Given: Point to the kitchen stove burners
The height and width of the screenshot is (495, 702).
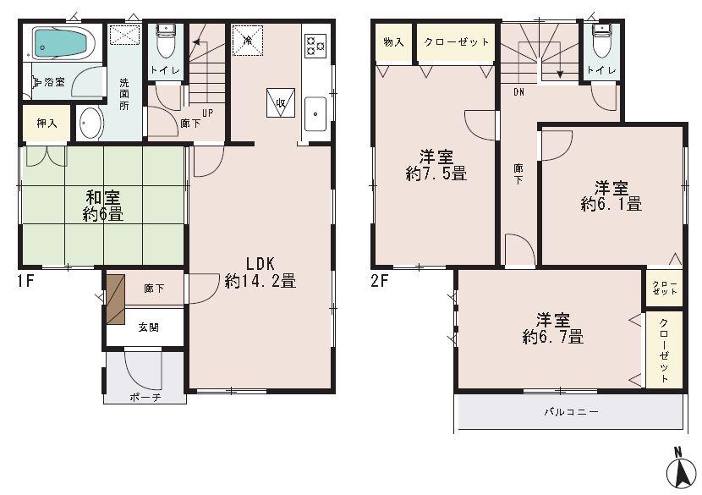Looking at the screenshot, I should pos(315,45).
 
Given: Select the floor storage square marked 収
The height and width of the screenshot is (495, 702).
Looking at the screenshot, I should pos(280,102).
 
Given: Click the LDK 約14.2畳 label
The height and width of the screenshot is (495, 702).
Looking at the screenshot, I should pos(260,272).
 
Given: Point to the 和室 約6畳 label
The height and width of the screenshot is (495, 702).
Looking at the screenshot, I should pos(102,206).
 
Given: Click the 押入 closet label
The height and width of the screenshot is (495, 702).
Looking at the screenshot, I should pos(47,124).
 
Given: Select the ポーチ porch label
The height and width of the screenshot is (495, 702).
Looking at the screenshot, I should pos(145,397).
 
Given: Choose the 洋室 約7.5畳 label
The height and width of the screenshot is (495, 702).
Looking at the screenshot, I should pos(435,165).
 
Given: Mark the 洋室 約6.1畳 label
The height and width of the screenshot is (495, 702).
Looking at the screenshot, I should pos(611,195).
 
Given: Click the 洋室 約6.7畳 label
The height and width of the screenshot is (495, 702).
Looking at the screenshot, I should pos(552,328).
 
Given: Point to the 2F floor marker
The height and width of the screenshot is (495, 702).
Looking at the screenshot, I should pos(378,281).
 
